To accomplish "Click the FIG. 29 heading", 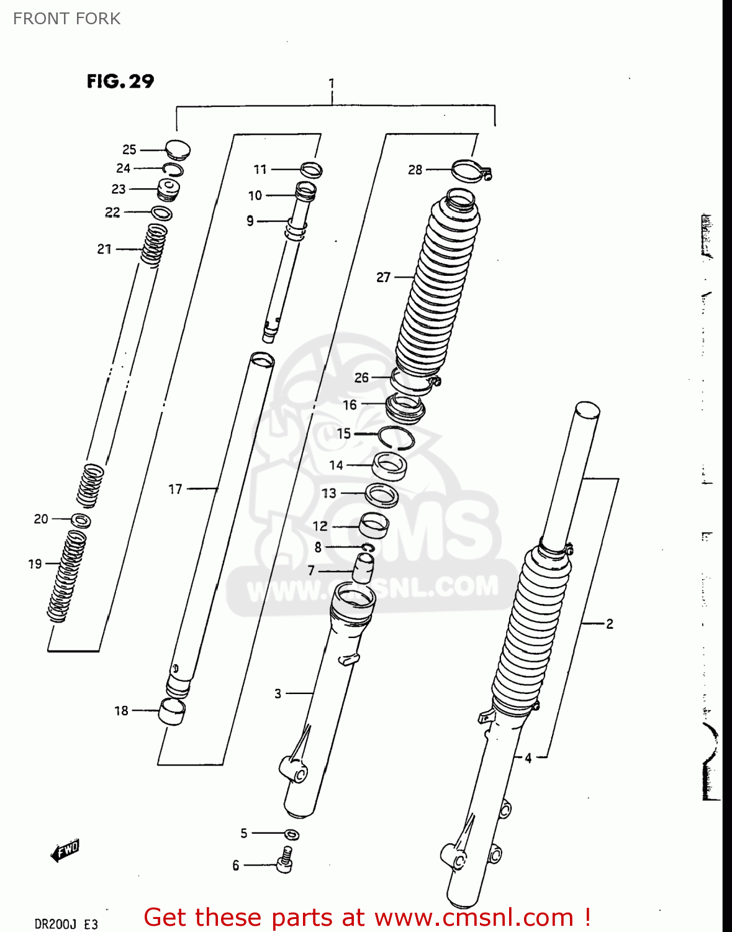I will (120, 81).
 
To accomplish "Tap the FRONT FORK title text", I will (66, 19).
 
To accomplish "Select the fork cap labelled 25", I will (178, 150).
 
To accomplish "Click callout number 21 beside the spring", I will (104, 249).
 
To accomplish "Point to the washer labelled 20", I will (81, 520).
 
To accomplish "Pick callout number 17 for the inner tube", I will (176, 490).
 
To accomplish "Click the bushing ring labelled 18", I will (172, 711).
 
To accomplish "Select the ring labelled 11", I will (311, 170).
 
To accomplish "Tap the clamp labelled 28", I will (471, 170).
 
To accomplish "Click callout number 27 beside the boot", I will (384, 277).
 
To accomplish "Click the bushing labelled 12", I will (374, 526).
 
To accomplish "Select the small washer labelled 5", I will (292, 834).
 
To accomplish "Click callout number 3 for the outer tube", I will (278, 693).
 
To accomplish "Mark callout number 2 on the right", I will (610, 623).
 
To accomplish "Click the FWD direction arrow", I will (65, 851).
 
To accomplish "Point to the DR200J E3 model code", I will (66, 924).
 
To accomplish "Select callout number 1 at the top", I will (332, 83).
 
